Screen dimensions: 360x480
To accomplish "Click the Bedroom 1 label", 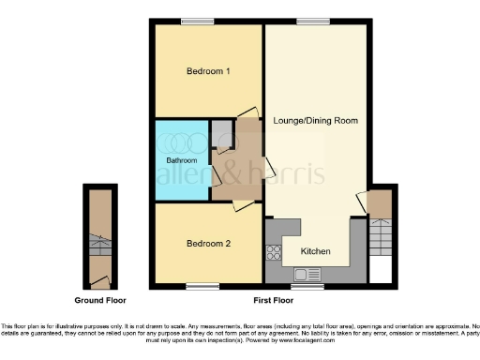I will click(208, 71).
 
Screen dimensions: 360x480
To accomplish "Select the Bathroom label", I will click(182, 160).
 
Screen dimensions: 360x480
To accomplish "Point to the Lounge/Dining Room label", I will click(314, 121).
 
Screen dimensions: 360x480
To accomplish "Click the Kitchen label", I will click(315, 251).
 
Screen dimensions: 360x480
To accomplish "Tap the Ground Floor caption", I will click(102, 302).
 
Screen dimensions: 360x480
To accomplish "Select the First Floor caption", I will click(273, 302).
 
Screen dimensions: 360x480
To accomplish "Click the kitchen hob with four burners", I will click(275, 251).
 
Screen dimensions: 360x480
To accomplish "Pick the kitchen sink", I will click(307, 274).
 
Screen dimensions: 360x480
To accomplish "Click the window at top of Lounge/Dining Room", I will click(309, 22).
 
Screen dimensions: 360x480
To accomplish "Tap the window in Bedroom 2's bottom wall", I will click(201, 285).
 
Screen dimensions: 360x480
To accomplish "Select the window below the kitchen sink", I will click(307, 285).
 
